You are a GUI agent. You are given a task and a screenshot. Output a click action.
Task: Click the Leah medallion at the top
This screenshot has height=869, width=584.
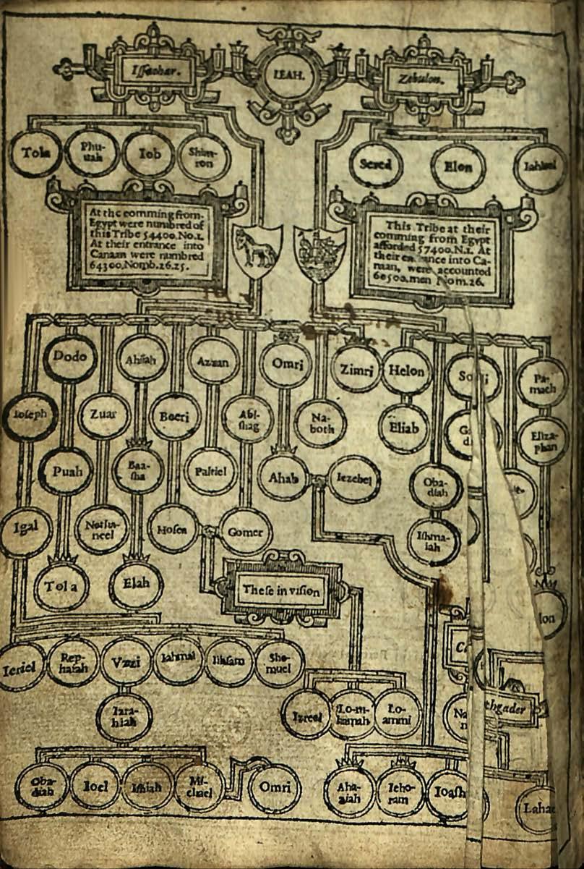pos(288,73)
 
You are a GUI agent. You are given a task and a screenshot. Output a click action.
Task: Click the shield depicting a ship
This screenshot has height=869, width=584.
pos(319,253)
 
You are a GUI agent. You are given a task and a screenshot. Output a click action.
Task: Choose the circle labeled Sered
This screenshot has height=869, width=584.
pos(375,165)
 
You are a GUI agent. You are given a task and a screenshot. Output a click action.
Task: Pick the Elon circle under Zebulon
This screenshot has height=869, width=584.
pos(458,168)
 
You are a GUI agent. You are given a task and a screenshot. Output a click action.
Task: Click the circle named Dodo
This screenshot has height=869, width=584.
pos(69,357)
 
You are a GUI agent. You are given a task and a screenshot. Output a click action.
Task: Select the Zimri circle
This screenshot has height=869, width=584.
pos(356,370)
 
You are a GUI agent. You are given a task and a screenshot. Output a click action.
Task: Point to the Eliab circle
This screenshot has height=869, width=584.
pos(403,428)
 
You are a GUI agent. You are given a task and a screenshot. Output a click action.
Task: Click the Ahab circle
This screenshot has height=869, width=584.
pos(283,479)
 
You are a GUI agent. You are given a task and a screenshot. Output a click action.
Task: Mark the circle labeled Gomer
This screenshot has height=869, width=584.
pos(245,532)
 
